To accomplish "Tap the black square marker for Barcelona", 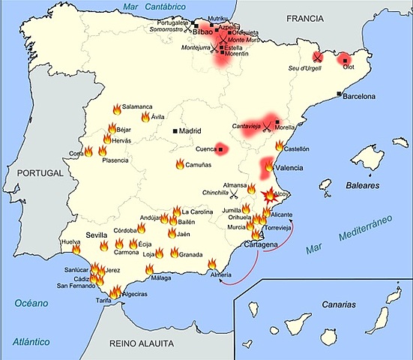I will coord(340,94).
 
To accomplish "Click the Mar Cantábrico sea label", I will coord(156,7).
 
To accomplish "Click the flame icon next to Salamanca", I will coord(116,109).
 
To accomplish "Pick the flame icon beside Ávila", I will coord(145,117).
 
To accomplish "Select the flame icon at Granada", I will coord(174,253).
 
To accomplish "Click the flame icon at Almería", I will coord(212,264).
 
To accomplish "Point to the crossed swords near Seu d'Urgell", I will coord(317,55).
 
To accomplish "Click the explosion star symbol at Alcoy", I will coord(268,196).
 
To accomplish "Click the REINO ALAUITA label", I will coord(140,343).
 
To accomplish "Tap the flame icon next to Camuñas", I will coord(181,164).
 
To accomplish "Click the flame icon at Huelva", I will coord(76,249).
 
